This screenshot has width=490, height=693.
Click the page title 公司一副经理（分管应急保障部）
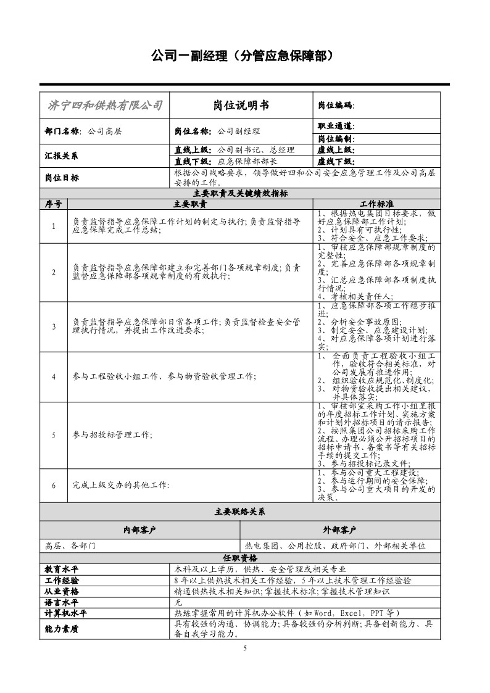pyautogui.click(x=245, y=56)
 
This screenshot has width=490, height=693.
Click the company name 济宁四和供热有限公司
pyautogui.click(x=104, y=106)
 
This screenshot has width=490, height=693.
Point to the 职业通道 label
pyautogui.click(x=336, y=126)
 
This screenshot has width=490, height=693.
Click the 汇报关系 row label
pyautogui.click(x=62, y=156)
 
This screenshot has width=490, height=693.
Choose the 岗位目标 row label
pyautogui.click(x=62, y=178)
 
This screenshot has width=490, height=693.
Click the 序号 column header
pyautogui.click(x=54, y=203)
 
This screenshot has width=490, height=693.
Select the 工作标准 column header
pyautogui.click(x=376, y=203)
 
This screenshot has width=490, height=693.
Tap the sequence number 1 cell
pyautogui.click(x=54, y=226)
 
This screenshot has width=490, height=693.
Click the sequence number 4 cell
pyautogui.click(x=54, y=376)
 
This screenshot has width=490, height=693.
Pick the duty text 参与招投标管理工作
pyautogui.click(x=112, y=434)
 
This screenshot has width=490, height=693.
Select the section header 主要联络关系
pyautogui.click(x=240, y=512)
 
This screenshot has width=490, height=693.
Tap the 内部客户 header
pyautogui.click(x=139, y=529)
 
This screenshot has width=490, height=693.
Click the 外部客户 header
pyautogui.click(x=339, y=529)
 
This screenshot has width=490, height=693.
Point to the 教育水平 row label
pyautogui.click(x=62, y=569)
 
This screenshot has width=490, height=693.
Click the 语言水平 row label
pyautogui.click(x=62, y=602)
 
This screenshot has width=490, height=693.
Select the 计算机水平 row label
pyautogui.click(x=66, y=613)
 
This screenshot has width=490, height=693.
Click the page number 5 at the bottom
pyautogui.click(x=245, y=648)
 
